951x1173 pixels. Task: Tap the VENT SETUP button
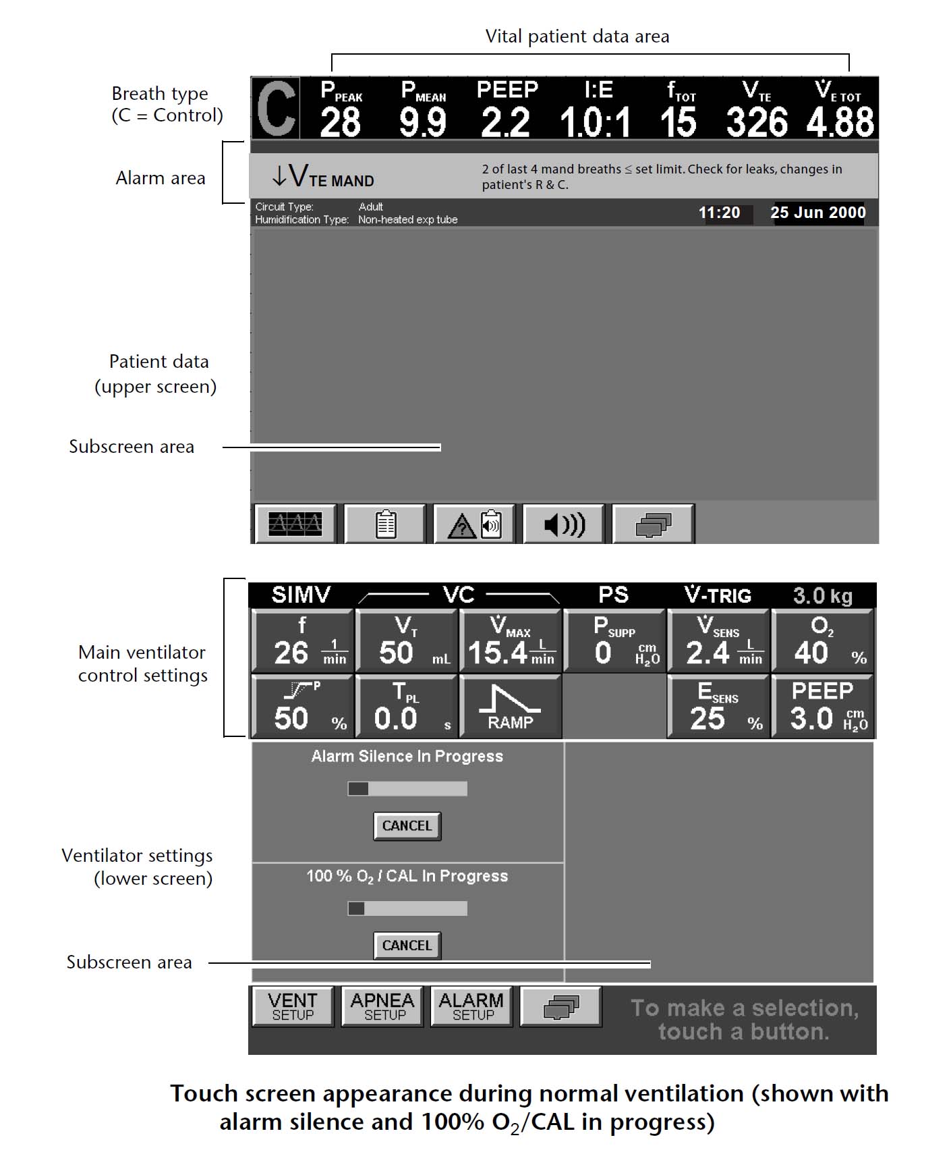coord(293,1006)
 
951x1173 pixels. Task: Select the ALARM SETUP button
coord(471,1006)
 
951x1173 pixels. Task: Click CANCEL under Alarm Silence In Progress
coord(407,826)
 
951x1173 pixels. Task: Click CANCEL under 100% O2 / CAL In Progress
coord(407,946)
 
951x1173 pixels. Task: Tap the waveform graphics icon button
coord(295,524)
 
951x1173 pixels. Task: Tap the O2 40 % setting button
coord(823,641)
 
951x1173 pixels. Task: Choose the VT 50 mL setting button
coord(407,641)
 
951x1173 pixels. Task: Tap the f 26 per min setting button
coord(302,641)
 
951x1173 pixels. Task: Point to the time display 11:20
coord(719,213)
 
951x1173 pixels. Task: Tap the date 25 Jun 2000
coord(817,213)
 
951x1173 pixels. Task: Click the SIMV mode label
coord(301,595)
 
